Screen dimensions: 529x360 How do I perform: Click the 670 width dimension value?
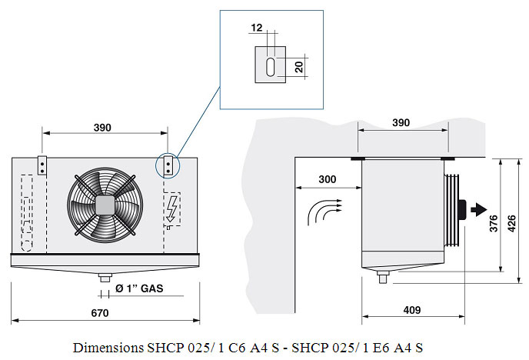tap(100, 313)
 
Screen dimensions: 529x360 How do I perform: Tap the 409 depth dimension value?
tap(412, 310)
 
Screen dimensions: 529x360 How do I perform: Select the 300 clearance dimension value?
tap(328, 179)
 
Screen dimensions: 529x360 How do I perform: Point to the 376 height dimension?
tap(494, 223)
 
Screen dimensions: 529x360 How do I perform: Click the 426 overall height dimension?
tap(512, 223)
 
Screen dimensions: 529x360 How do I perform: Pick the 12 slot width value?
tap(256, 28)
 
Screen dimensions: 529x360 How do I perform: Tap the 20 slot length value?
tap(299, 67)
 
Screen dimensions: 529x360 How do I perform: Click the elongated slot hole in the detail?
tap(271, 67)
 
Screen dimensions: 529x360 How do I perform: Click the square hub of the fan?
tap(105, 205)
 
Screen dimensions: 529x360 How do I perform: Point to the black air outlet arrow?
tap(479, 209)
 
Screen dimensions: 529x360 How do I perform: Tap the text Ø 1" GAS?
tap(139, 288)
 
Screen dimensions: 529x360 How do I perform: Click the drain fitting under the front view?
tap(105, 278)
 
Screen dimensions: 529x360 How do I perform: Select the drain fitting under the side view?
tap(383, 277)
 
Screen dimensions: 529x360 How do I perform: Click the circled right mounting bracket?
tap(168, 165)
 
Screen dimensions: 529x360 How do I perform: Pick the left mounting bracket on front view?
tap(42, 165)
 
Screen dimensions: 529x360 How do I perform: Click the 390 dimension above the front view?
tap(102, 128)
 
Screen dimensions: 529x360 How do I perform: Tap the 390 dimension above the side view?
tap(401, 122)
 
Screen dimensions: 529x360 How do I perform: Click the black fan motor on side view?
tap(462, 210)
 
